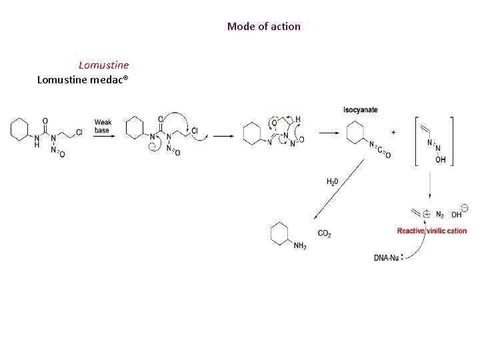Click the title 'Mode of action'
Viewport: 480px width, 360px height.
(x=263, y=27)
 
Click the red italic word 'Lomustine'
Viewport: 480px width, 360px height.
(x=103, y=65)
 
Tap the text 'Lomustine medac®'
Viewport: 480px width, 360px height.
(x=83, y=80)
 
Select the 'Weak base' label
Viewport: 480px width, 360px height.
(x=103, y=126)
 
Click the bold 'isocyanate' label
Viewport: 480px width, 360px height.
(x=360, y=109)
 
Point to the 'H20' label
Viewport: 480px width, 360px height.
(x=332, y=181)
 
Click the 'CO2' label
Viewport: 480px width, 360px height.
(x=325, y=233)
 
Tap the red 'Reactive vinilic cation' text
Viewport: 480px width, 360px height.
(x=431, y=231)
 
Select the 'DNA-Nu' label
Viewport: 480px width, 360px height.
(x=386, y=257)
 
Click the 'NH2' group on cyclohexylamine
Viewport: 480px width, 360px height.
(x=300, y=246)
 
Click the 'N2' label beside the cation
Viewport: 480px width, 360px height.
(x=440, y=215)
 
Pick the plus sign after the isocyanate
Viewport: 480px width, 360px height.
(x=393, y=133)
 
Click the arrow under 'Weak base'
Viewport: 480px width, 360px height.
(x=103, y=137)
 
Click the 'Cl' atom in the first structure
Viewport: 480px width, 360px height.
(x=79, y=133)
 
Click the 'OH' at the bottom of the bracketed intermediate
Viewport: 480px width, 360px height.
(x=441, y=160)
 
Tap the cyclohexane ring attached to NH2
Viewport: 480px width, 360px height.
(x=281, y=233)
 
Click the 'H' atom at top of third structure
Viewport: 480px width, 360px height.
(x=297, y=119)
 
